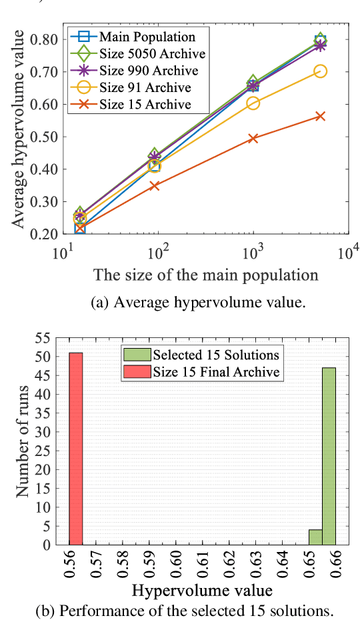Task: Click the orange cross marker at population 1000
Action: [x=253, y=139]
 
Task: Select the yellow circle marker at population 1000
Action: [x=253, y=103]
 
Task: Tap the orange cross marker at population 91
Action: [x=155, y=185]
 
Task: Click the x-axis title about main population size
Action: [x=205, y=275]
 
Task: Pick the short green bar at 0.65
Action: [x=315, y=537]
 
